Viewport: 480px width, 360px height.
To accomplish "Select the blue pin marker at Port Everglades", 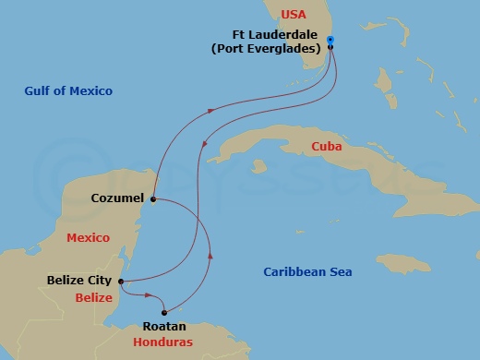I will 330,41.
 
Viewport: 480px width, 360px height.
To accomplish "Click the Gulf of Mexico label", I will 69,90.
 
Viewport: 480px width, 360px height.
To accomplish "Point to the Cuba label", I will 328,146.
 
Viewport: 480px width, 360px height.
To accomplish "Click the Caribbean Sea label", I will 307,271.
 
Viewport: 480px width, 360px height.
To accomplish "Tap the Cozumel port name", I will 117,198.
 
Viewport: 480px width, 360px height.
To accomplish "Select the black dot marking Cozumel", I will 152,198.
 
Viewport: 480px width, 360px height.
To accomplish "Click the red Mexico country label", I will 89,237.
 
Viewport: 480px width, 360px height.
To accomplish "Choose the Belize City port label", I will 79,279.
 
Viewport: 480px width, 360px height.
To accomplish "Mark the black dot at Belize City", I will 122,281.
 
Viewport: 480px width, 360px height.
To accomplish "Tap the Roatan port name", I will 164,326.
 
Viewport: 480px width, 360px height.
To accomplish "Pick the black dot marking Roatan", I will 165,311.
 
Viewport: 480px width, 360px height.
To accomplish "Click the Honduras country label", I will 162,342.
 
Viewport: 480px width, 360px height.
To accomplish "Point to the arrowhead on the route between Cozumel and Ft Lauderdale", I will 210,110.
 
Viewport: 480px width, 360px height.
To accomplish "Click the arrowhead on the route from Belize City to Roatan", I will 149,295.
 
